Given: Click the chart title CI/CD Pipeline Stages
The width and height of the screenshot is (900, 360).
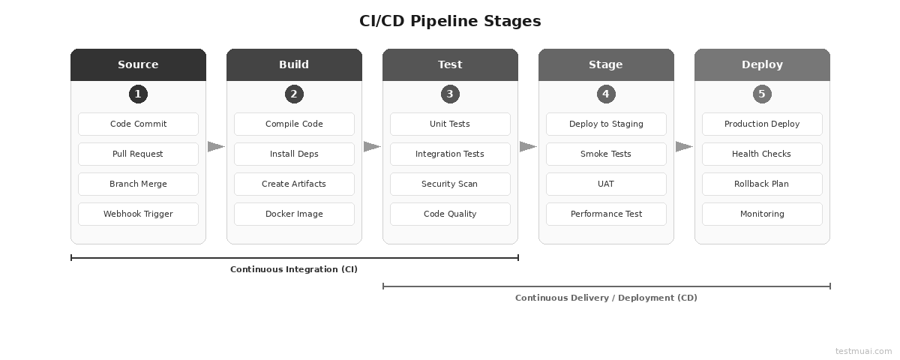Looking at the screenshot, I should tap(450, 21).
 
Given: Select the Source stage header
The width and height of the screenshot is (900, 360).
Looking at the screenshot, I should tap(138, 64).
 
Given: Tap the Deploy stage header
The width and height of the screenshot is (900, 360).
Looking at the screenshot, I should tap(762, 64).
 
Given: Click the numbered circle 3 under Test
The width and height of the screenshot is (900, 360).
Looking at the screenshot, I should tap(450, 94).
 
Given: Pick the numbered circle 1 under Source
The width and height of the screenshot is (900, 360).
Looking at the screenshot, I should tap(138, 94).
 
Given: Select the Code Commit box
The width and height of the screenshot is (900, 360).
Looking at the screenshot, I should tap(138, 124).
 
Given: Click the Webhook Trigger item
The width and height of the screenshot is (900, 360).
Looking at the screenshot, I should tap(138, 214).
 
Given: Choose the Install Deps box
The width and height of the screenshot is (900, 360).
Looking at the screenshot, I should tap(294, 154).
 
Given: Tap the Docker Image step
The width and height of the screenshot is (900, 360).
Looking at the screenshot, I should tap(294, 214).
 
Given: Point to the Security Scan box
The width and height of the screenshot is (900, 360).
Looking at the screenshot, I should tap(450, 184).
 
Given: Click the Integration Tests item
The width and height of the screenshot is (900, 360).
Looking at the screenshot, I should tap(450, 154).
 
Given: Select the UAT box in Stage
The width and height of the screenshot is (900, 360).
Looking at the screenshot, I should tap(606, 184).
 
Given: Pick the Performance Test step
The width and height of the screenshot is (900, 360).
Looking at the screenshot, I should tap(606, 214).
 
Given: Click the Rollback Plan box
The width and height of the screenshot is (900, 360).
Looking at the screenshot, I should tap(762, 184).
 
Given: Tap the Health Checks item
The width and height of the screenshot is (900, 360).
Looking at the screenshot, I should tap(762, 154).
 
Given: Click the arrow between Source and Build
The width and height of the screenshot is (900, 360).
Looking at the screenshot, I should tap(216, 147).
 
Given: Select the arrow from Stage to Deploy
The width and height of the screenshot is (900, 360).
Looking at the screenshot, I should tap(684, 147).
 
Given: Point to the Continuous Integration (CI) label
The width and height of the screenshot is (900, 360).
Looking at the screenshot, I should tap(294, 269).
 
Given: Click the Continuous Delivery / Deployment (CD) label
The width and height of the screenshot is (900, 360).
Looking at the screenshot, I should tap(606, 298).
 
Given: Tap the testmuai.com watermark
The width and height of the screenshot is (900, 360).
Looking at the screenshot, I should tap(863, 351).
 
